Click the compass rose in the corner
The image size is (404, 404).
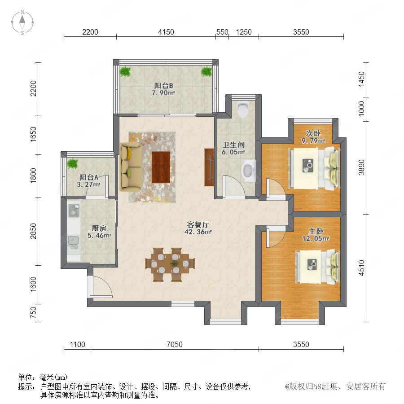pyautogui.click(x=22, y=22)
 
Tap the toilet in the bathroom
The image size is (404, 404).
pyautogui.click(x=243, y=110)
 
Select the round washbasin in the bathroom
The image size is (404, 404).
pyautogui.click(x=248, y=170)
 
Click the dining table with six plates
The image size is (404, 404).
pyautogui.click(x=170, y=264)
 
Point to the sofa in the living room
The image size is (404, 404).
pyautogui.click(x=130, y=167)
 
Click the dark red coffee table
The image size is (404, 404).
pyautogui.click(x=161, y=167)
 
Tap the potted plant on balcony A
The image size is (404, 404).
pyautogui.click(x=72, y=163)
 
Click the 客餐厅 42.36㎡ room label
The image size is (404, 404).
pyautogui.click(x=198, y=228)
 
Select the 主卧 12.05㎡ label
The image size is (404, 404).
pyautogui.click(x=316, y=235)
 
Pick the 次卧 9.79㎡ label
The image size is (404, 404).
pyautogui.click(x=313, y=137)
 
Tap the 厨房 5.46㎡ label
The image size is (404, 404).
pyautogui.click(x=99, y=232)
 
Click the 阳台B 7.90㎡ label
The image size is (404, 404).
pyautogui.click(x=163, y=89)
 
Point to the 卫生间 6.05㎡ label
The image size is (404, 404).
pyautogui.click(x=233, y=149)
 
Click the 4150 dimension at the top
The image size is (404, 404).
pyautogui.click(x=166, y=32)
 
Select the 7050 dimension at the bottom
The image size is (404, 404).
pyautogui.click(x=175, y=344)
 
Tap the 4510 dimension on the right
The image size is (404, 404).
pyautogui.click(x=361, y=268)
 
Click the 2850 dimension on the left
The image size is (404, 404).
pyautogui.click(x=34, y=231)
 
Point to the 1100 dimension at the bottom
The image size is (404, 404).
pyautogui.click(x=77, y=344)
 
